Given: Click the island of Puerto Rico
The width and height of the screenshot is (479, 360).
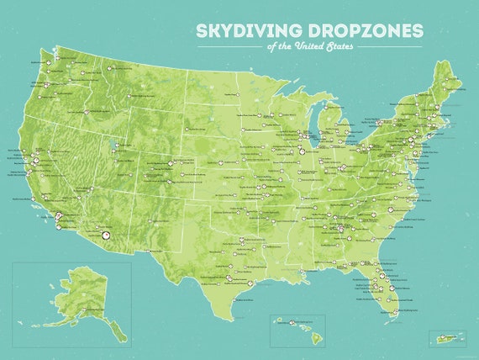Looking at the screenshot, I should [445, 339].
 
